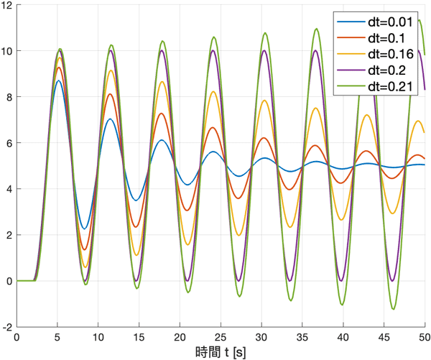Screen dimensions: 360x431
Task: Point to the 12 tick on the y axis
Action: tap(6, 5)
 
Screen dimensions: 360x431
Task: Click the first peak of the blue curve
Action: tap(58, 80)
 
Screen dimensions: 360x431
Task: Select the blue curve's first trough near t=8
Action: tap(85, 229)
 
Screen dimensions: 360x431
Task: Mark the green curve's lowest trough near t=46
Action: tap(393, 309)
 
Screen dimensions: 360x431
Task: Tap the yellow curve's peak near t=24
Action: tap(213, 91)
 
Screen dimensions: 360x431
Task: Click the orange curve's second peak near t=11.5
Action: tap(110, 93)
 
